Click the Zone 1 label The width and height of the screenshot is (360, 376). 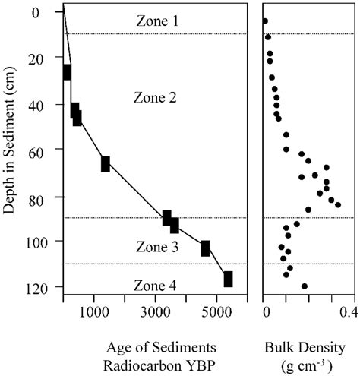(x=157, y=21)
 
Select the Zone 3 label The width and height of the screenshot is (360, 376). (x=157, y=247)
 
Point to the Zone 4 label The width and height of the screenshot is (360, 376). (x=157, y=286)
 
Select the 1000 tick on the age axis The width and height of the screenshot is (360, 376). (x=93, y=312)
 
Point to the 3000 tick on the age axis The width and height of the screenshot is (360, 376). (x=155, y=312)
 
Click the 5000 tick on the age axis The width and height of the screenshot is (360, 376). (x=216, y=312)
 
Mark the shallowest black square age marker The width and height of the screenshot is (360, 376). (x=67, y=72)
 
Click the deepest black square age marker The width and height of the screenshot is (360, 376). (x=228, y=280)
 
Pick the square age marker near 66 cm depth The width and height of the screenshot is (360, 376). (x=106, y=164)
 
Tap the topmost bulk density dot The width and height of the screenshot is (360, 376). (x=265, y=21)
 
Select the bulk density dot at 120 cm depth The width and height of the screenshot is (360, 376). (x=305, y=286)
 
